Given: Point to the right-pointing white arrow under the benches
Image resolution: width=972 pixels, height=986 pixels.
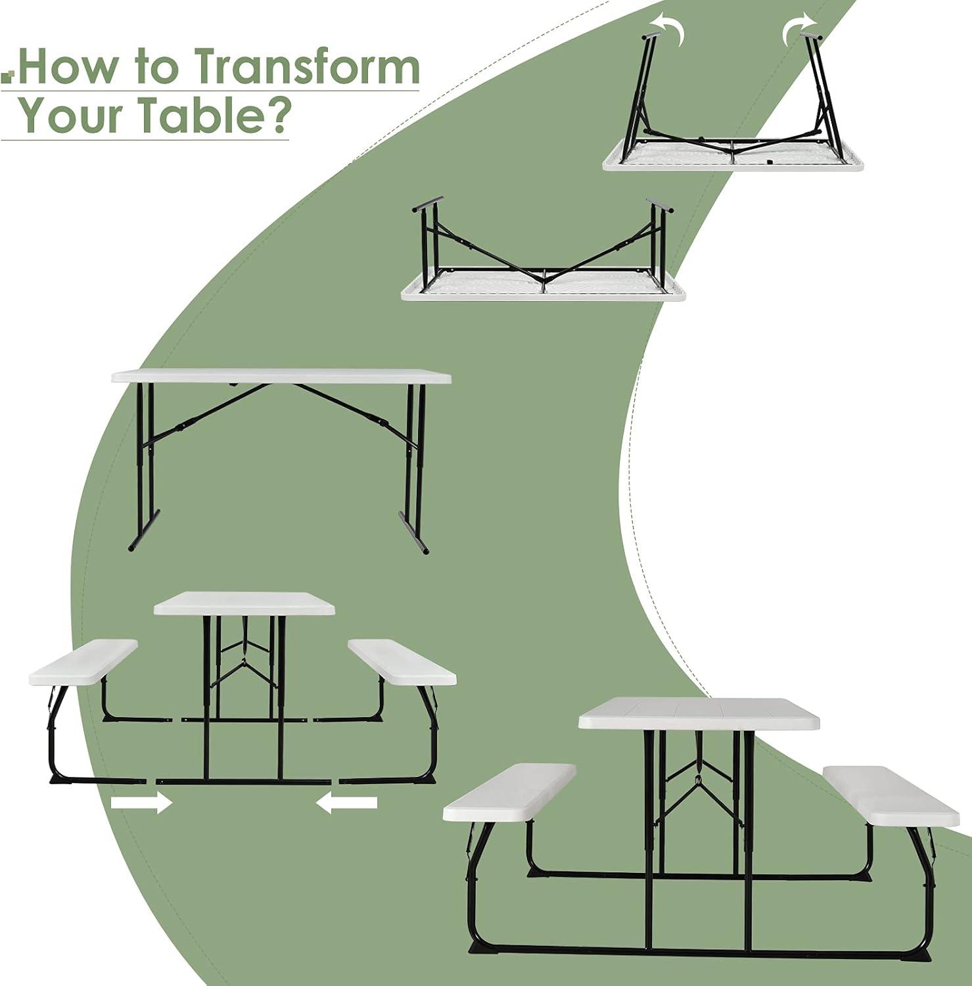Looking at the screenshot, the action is coord(141,803).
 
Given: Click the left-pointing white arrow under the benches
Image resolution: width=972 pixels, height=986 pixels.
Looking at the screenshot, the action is coord(346,802).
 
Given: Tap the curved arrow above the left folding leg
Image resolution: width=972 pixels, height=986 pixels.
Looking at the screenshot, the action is coord(668,30).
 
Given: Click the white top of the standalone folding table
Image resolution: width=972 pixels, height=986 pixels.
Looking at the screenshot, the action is coord(281,377).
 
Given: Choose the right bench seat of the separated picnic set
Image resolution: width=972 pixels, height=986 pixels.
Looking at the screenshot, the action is coord(402,661).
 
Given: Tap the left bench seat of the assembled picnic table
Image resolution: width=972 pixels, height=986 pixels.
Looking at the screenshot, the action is coord(510,793).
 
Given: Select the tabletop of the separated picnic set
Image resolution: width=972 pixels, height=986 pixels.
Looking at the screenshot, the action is coord(244,603).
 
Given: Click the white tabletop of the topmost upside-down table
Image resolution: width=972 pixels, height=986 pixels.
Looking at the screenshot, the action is coord(733,158).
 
